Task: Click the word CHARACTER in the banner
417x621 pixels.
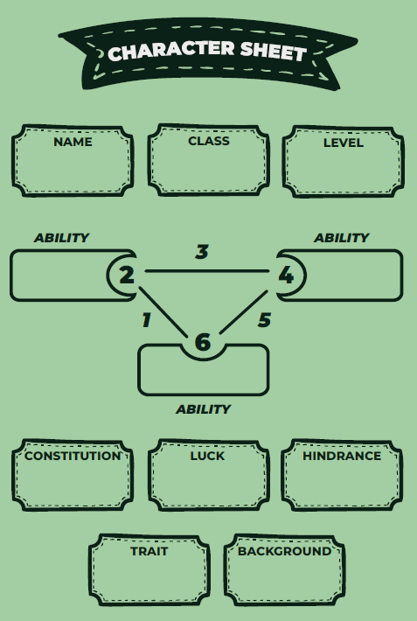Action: pos(171,51)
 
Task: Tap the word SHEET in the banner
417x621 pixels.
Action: pos(274,52)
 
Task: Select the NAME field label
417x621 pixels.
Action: pos(73,142)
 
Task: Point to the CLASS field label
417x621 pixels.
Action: pos(209,141)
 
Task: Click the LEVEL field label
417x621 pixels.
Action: pos(344,143)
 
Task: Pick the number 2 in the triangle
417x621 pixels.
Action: pos(127,276)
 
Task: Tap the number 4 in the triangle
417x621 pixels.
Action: pos(286,276)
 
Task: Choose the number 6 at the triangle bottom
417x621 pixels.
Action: pos(203,342)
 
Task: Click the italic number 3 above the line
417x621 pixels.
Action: pos(202,252)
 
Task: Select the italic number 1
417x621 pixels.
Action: pos(147,320)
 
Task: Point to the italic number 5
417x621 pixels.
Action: pos(265,320)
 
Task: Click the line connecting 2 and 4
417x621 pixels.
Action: pos(207,271)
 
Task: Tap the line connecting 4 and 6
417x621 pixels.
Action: pos(244,312)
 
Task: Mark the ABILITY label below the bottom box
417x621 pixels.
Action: pos(203,409)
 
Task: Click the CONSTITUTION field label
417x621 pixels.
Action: pos(73,456)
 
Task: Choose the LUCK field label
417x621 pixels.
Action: pos(207,456)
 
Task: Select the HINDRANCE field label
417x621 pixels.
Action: pos(342,456)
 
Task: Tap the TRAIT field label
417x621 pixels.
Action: pos(149,551)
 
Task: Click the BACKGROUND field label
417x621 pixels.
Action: pos(285,551)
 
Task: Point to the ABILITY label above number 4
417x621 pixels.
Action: pos(341,238)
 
